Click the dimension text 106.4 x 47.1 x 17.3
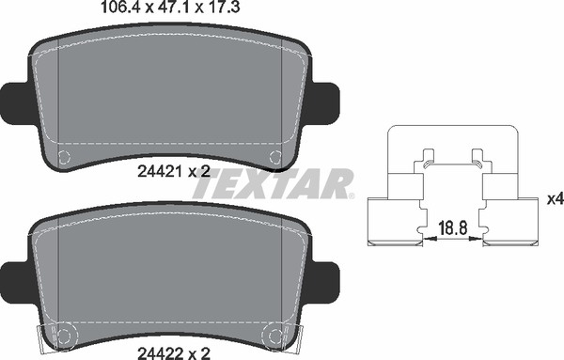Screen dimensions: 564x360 (x=171, y=8)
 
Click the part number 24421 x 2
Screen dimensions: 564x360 (x=174, y=172)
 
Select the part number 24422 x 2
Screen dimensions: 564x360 (x=174, y=353)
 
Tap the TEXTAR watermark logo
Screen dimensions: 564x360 (x=274, y=184)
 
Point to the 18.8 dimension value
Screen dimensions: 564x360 (x=453, y=228)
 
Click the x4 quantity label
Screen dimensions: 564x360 (x=556, y=199)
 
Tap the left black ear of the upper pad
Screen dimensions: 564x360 (x=16, y=103)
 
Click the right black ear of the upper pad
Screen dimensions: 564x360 (x=325, y=103)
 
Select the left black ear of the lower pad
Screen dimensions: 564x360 (x=16, y=283)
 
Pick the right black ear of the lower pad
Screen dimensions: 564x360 (x=325, y=283)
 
